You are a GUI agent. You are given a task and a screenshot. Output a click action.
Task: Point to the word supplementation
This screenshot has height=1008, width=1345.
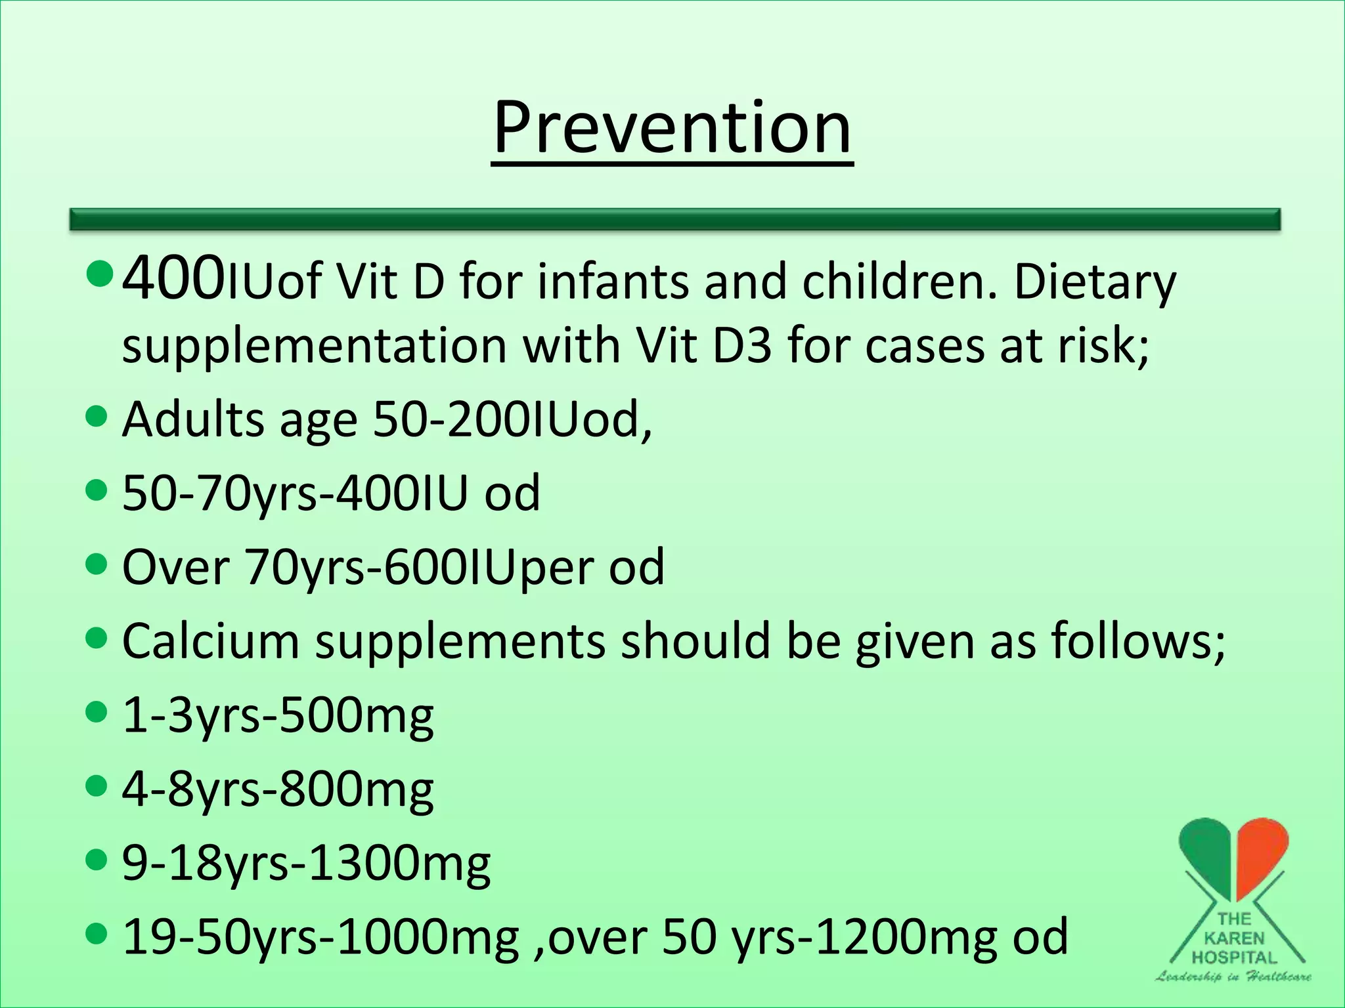coord(315,346)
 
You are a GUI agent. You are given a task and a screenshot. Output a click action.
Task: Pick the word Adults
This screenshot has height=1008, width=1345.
coord(193,419)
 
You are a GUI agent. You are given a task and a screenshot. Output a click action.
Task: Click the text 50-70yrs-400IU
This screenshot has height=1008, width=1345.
coord(295,493)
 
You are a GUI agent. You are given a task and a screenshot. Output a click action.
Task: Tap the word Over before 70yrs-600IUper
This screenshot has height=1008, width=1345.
coord(175,567)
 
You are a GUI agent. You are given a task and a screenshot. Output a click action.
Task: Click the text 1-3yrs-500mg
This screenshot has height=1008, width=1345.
coord(278,715)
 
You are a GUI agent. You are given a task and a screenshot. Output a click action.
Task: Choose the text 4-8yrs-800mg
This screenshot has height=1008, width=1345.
coord(278,789)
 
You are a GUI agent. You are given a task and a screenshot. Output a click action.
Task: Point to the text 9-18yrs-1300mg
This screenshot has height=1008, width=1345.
coord(306,864)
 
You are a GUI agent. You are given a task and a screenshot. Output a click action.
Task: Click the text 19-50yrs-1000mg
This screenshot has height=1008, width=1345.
coord(321,937)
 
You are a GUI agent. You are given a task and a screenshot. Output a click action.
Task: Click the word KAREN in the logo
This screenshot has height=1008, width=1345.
coord(1234,938)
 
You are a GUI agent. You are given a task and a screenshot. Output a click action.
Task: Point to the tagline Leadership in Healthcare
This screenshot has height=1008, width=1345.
coord(1233,976)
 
